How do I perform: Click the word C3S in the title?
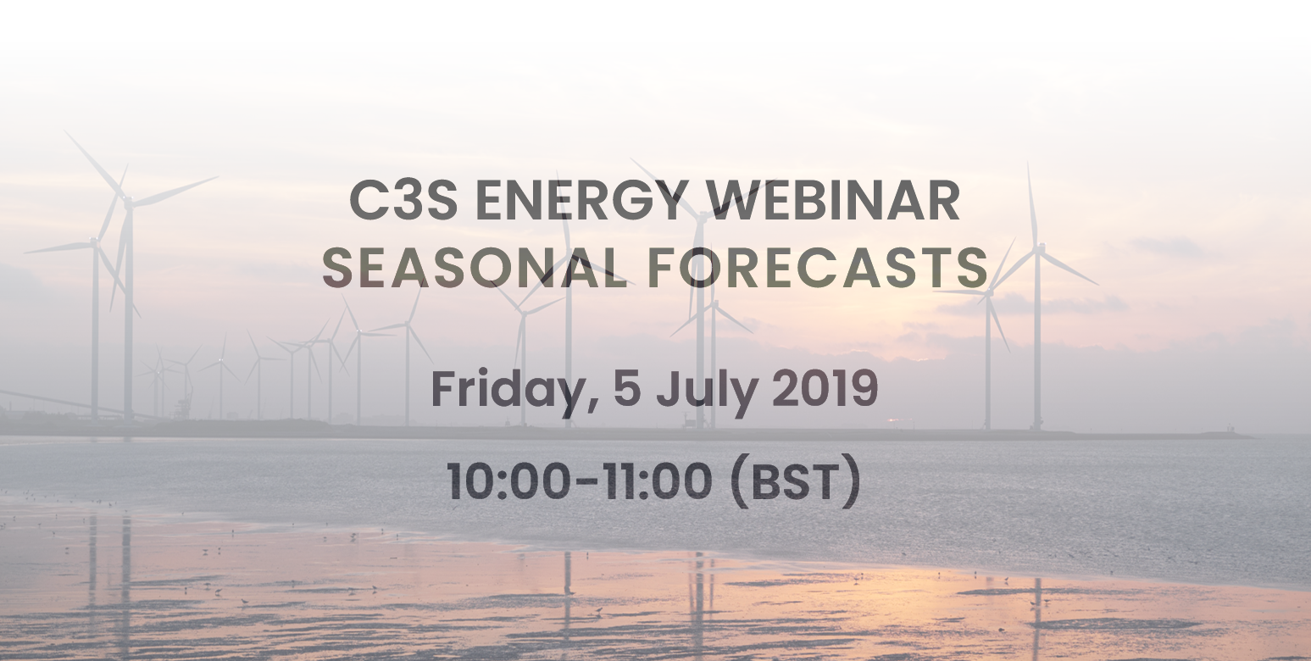403,201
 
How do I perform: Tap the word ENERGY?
580,201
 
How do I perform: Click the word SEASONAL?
474,268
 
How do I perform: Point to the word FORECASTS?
819,268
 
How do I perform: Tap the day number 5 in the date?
627,389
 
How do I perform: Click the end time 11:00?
658,481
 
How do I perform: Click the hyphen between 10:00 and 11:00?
586,484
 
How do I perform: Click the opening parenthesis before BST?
739,484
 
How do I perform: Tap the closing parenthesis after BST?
853,484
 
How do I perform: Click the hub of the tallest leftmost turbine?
128,202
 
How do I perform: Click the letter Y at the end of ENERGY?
664,201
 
